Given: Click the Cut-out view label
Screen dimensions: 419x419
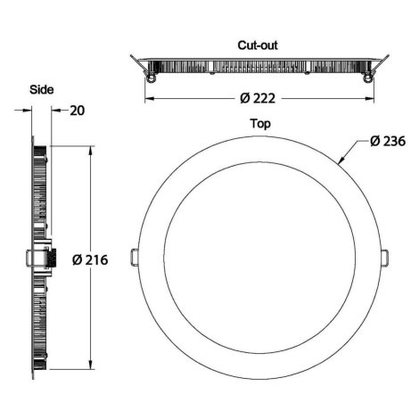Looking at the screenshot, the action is point(258,45).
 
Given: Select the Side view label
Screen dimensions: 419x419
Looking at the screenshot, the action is point(42,89).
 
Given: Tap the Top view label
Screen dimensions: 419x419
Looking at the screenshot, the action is point(260,124).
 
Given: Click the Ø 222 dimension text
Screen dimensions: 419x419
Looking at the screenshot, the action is point(258,98).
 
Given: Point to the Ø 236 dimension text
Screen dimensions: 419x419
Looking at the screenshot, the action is point(388,141).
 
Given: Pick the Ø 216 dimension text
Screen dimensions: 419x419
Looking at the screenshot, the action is point(90,260).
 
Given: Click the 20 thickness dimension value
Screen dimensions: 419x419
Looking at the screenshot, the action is point(78,111).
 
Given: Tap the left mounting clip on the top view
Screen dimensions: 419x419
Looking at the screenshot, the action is point(135,257).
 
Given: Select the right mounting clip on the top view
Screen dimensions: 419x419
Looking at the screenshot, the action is point(385,258).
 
